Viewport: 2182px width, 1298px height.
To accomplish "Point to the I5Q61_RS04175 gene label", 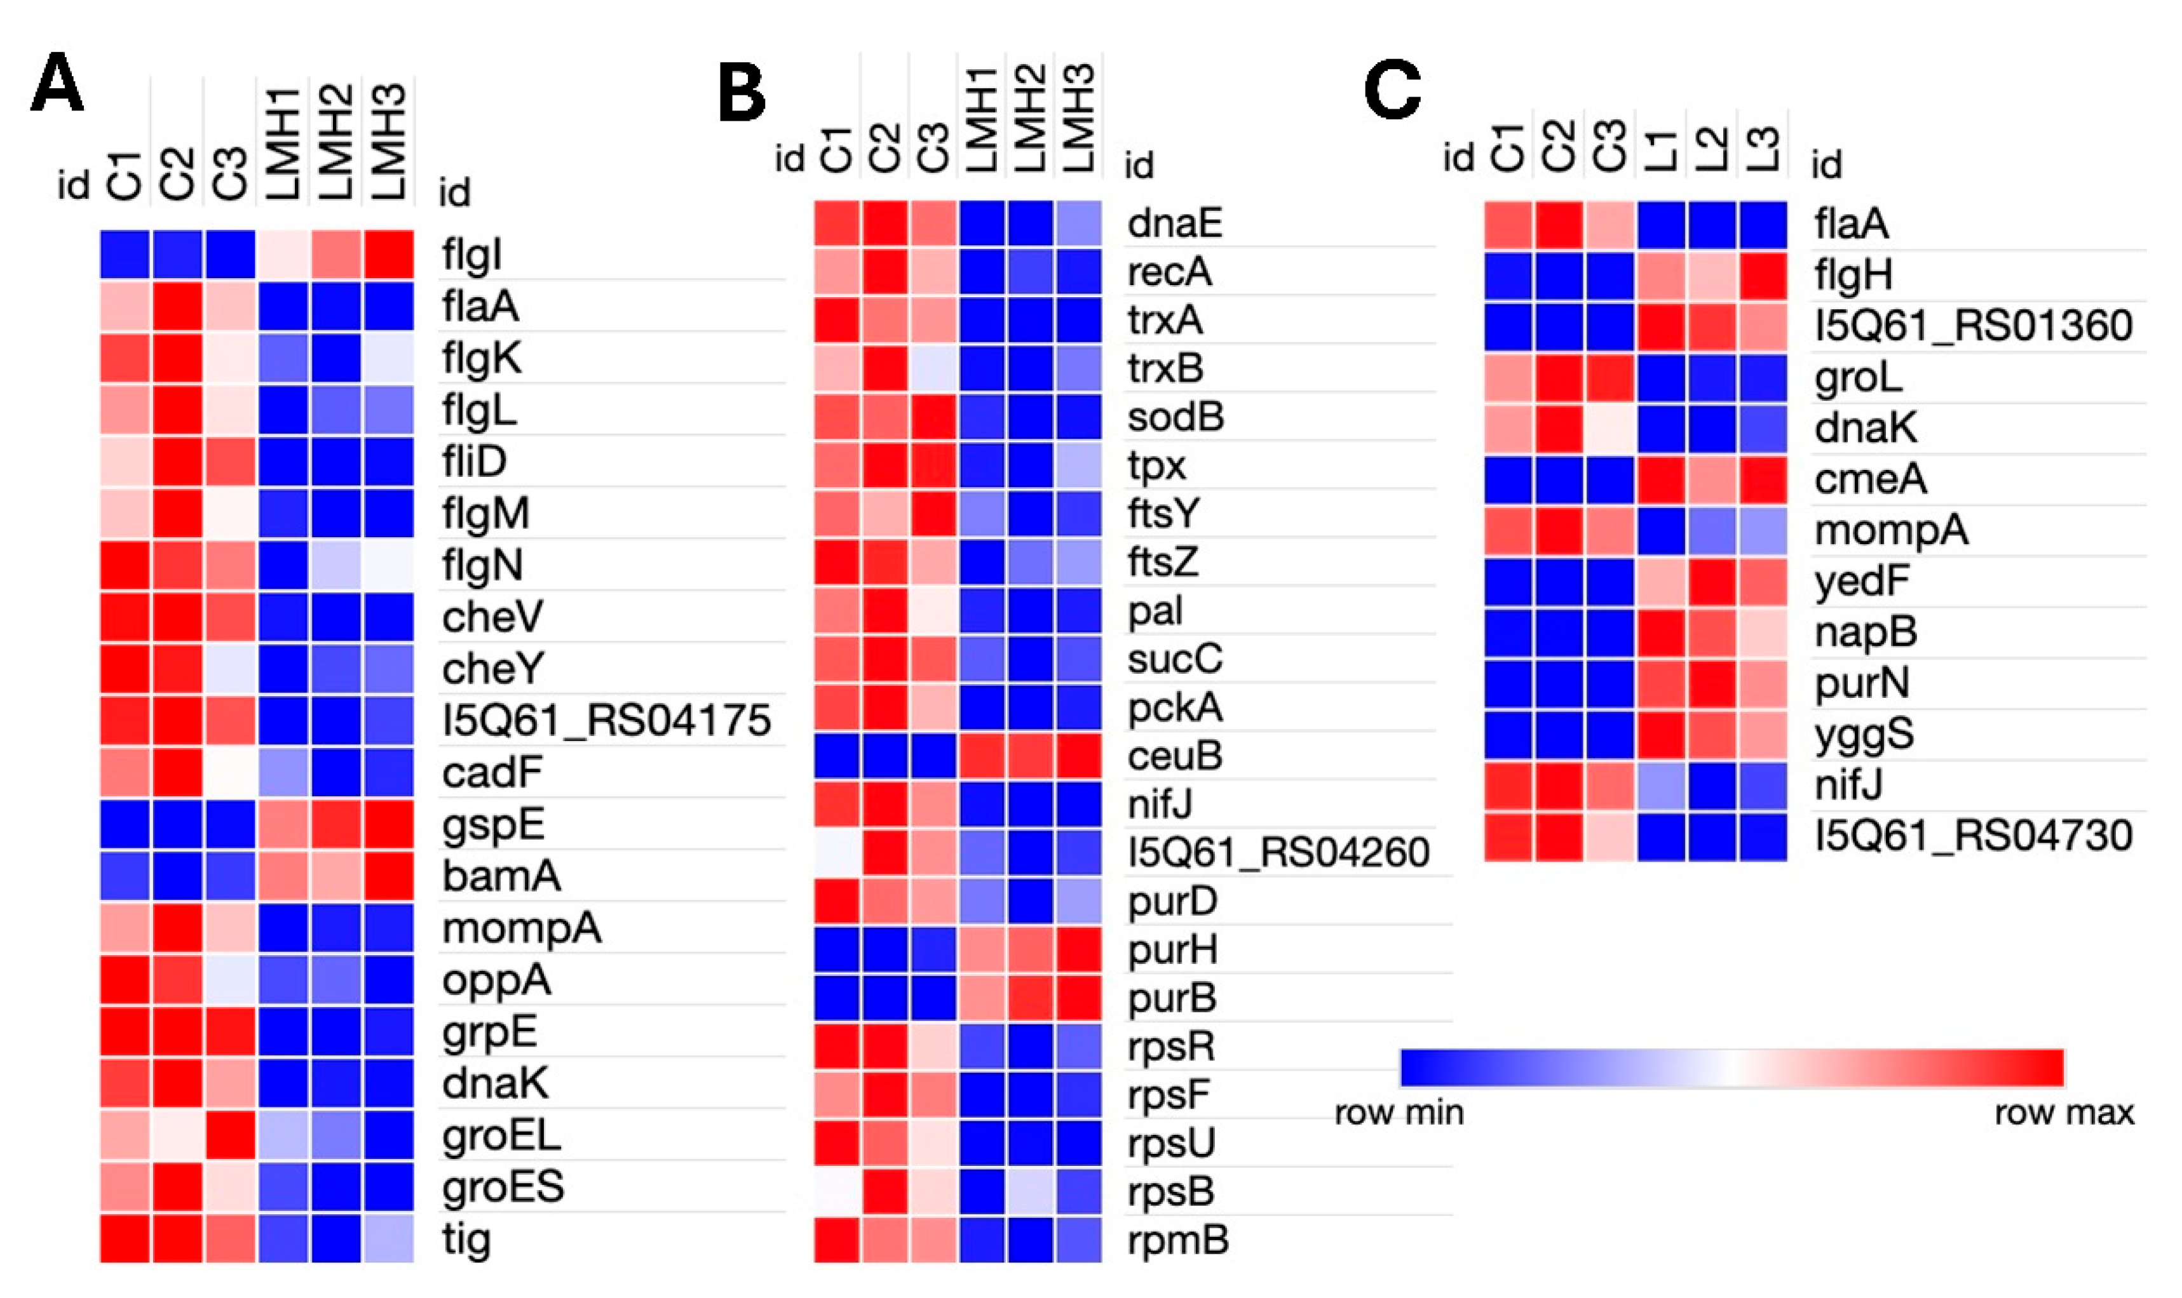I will (606, 721).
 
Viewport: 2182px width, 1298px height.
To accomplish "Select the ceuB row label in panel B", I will (1174, 756).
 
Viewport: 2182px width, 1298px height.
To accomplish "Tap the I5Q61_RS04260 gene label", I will (1277, 853).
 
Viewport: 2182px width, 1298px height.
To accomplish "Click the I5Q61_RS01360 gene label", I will (1973, 325).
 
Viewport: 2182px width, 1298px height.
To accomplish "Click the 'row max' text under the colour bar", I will (2064, 1113).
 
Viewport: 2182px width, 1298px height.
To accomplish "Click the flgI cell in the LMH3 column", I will (388, 255).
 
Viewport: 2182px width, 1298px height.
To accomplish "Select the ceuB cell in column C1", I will (837, 756).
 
